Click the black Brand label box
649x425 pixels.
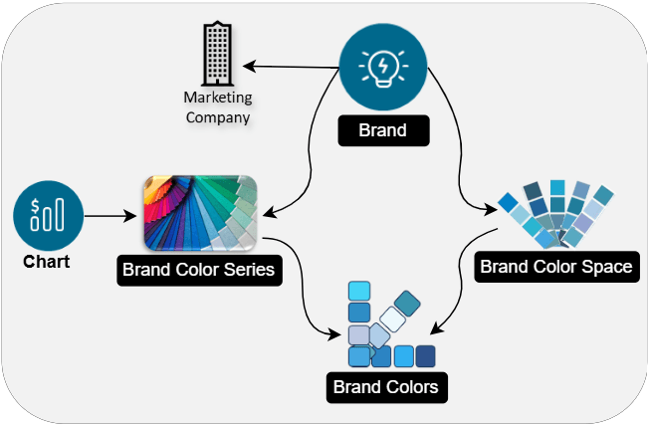point(383,129)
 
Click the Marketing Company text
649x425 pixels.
point(217,107)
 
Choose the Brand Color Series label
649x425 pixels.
point(198,269)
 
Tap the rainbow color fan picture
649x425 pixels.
point(200,213)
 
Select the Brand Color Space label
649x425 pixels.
point(554,266)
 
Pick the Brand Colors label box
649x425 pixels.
point(385,386)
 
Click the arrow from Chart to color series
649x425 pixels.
point(110,215)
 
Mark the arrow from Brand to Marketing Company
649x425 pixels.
point(294,67)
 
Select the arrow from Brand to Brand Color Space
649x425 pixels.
point(461,149)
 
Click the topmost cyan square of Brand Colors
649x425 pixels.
point(359,291)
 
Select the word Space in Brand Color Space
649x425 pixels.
point(606,266)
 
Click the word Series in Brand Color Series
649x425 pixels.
point(248,269)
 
